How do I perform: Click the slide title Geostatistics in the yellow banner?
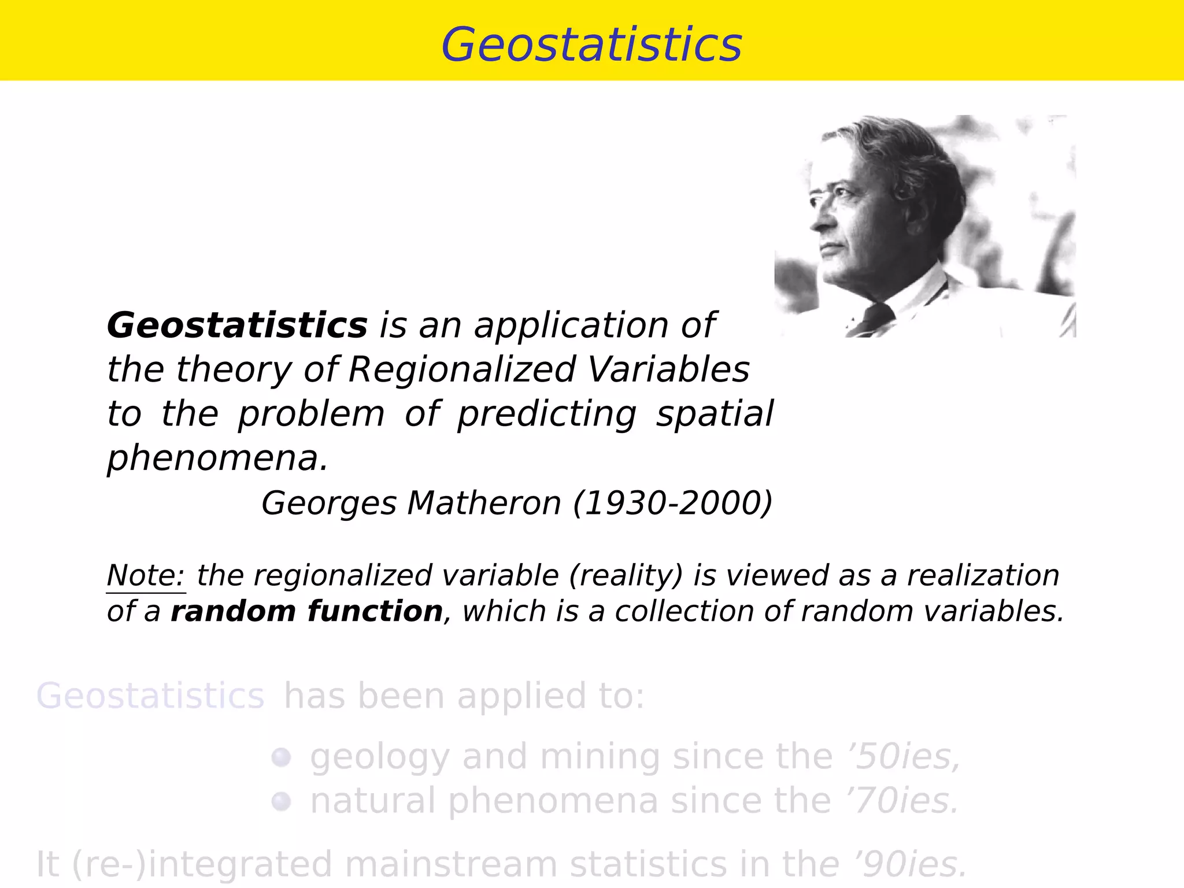click(591, 45)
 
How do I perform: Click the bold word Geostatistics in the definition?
click(237, 325)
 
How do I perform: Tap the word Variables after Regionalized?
click(668, 369)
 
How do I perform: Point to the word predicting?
click(546, 415)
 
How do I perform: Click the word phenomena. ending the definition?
click(217, 458)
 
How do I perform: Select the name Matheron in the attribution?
click(484, 503)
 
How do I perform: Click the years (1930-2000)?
click(672, 503)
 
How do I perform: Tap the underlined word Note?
click(146, 576)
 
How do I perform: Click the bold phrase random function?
click(306, 612)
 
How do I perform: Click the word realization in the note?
click(983, 576)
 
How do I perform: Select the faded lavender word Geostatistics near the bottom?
click(150, 695)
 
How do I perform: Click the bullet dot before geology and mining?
click(281, 757)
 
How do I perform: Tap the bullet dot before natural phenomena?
click(281, 802)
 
